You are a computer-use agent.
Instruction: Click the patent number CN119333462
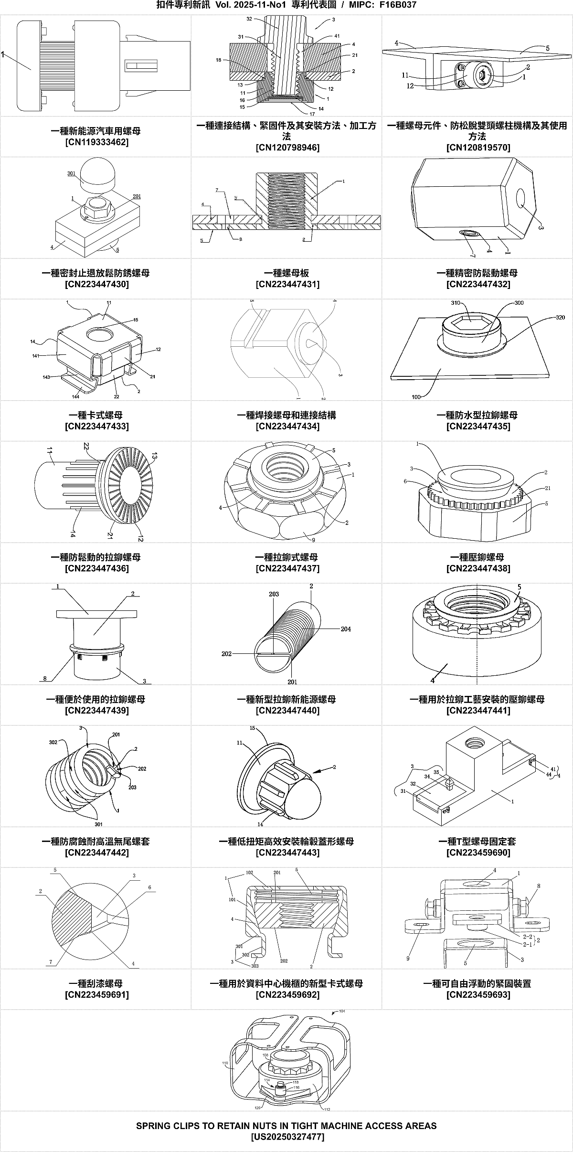tap(96, 142)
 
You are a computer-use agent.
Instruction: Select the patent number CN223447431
tap(287, 284)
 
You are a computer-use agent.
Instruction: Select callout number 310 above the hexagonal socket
tap(455, 303)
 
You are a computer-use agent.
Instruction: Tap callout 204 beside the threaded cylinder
tap(346, 629)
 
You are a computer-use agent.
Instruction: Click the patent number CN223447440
tap(287, 711)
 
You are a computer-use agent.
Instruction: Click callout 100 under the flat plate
tap(417, 396)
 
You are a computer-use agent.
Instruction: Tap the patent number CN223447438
tap(478, 568)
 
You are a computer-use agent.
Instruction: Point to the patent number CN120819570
tap(478, 148)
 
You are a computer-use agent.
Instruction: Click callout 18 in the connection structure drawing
tap(218, 61)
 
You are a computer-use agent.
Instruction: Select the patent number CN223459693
tap(478, 995)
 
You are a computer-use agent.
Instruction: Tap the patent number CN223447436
tap(96, 568)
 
